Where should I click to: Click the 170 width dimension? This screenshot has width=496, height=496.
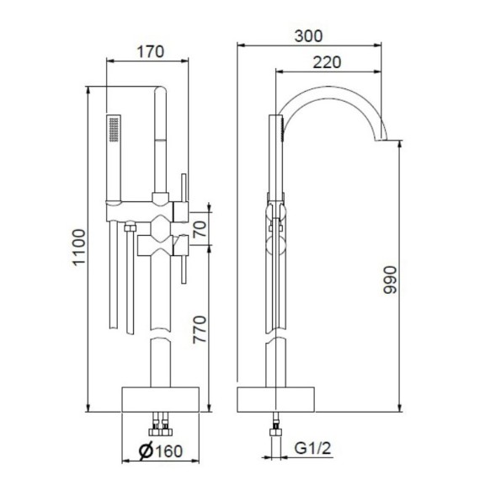coord(149,50)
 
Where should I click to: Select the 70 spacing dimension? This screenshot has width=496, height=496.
coord(199,228)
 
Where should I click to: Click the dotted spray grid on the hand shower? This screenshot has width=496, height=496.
coord(115,131)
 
